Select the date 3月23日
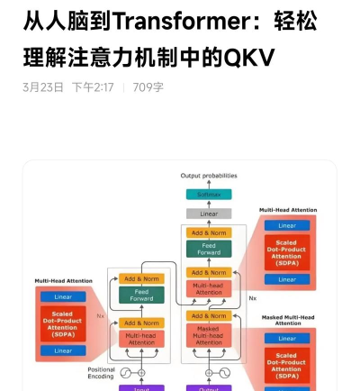point(42,87)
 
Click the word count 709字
point(148,87)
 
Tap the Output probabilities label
point(208,176)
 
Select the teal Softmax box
point(208,194)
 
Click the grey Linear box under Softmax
point(208,214)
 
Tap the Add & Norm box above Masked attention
point(208,316)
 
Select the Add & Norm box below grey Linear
point(208,232)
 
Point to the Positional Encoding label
point(101,372)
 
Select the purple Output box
point(208,387)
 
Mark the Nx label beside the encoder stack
point(101,315)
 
